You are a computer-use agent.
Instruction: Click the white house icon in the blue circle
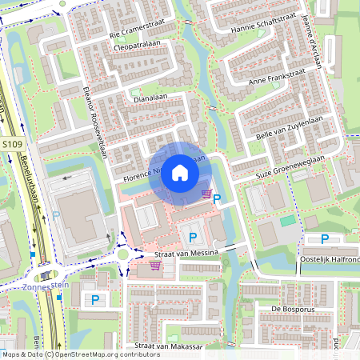coord(180,173)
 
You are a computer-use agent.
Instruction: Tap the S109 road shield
coord(11,144)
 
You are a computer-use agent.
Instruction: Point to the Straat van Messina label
coord(185,253)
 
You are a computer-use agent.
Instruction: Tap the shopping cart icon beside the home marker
coord(207,194)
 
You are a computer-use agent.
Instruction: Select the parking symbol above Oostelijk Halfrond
coord(325,239)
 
